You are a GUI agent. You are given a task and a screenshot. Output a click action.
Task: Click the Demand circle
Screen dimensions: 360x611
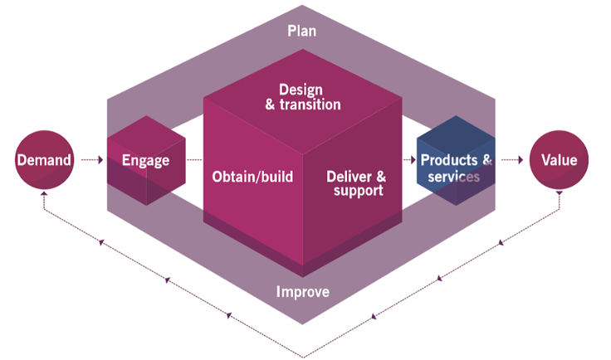pyautogui.click(x=44, y=159)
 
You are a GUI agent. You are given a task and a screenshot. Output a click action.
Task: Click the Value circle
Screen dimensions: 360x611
pyautogui.click(x=559, y=159)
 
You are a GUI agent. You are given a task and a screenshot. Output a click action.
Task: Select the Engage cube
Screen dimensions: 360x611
pyautogui.click(x=145, y=160)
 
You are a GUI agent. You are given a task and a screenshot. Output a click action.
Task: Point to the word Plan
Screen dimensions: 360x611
pyautogui.click(x=302, y=32)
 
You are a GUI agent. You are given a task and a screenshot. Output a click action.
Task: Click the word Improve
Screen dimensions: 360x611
pyautogui.click(x=302, y=292)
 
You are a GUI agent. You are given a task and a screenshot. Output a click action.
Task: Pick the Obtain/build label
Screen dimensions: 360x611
pyautogui.click(x=252, y=177)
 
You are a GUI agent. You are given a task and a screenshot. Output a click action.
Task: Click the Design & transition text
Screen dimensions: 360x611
pyautogui.click(x=303, y=97)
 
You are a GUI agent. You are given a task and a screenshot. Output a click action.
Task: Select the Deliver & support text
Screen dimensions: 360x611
pyautogui.click(x=355, y=183)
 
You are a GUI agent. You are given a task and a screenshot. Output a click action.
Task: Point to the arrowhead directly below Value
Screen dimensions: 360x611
pyautogui.click(x=559, y=196)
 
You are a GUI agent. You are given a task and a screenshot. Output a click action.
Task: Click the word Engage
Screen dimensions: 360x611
pyautogui.click(x=145, y=160)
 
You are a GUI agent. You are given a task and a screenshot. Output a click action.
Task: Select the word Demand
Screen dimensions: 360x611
pyautogui.click(x=44, y=159)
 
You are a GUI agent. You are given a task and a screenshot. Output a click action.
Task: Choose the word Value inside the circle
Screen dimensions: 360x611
pyautogui.click(x=559, y=159)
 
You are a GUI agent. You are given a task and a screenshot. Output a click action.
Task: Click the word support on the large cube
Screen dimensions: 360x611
pyautogui.click(x=357, y=191)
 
